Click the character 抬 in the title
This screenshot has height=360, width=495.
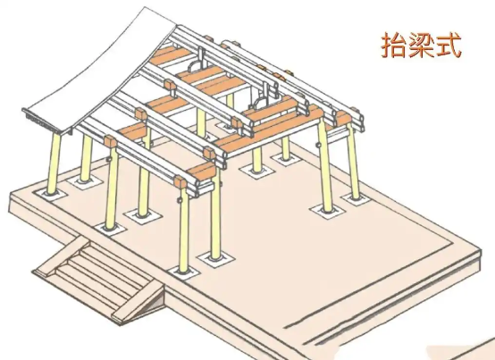coord(393,46)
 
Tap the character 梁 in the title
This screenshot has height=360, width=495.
coord(421,46)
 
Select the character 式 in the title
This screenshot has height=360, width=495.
coord(449,46)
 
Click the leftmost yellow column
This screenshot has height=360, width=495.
coord(54,164)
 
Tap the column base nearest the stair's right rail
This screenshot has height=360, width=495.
coord(184,272)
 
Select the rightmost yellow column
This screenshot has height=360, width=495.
coord(353,162)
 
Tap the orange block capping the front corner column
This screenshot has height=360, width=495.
coord(180,182)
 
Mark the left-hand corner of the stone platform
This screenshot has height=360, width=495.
coord(10,193)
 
